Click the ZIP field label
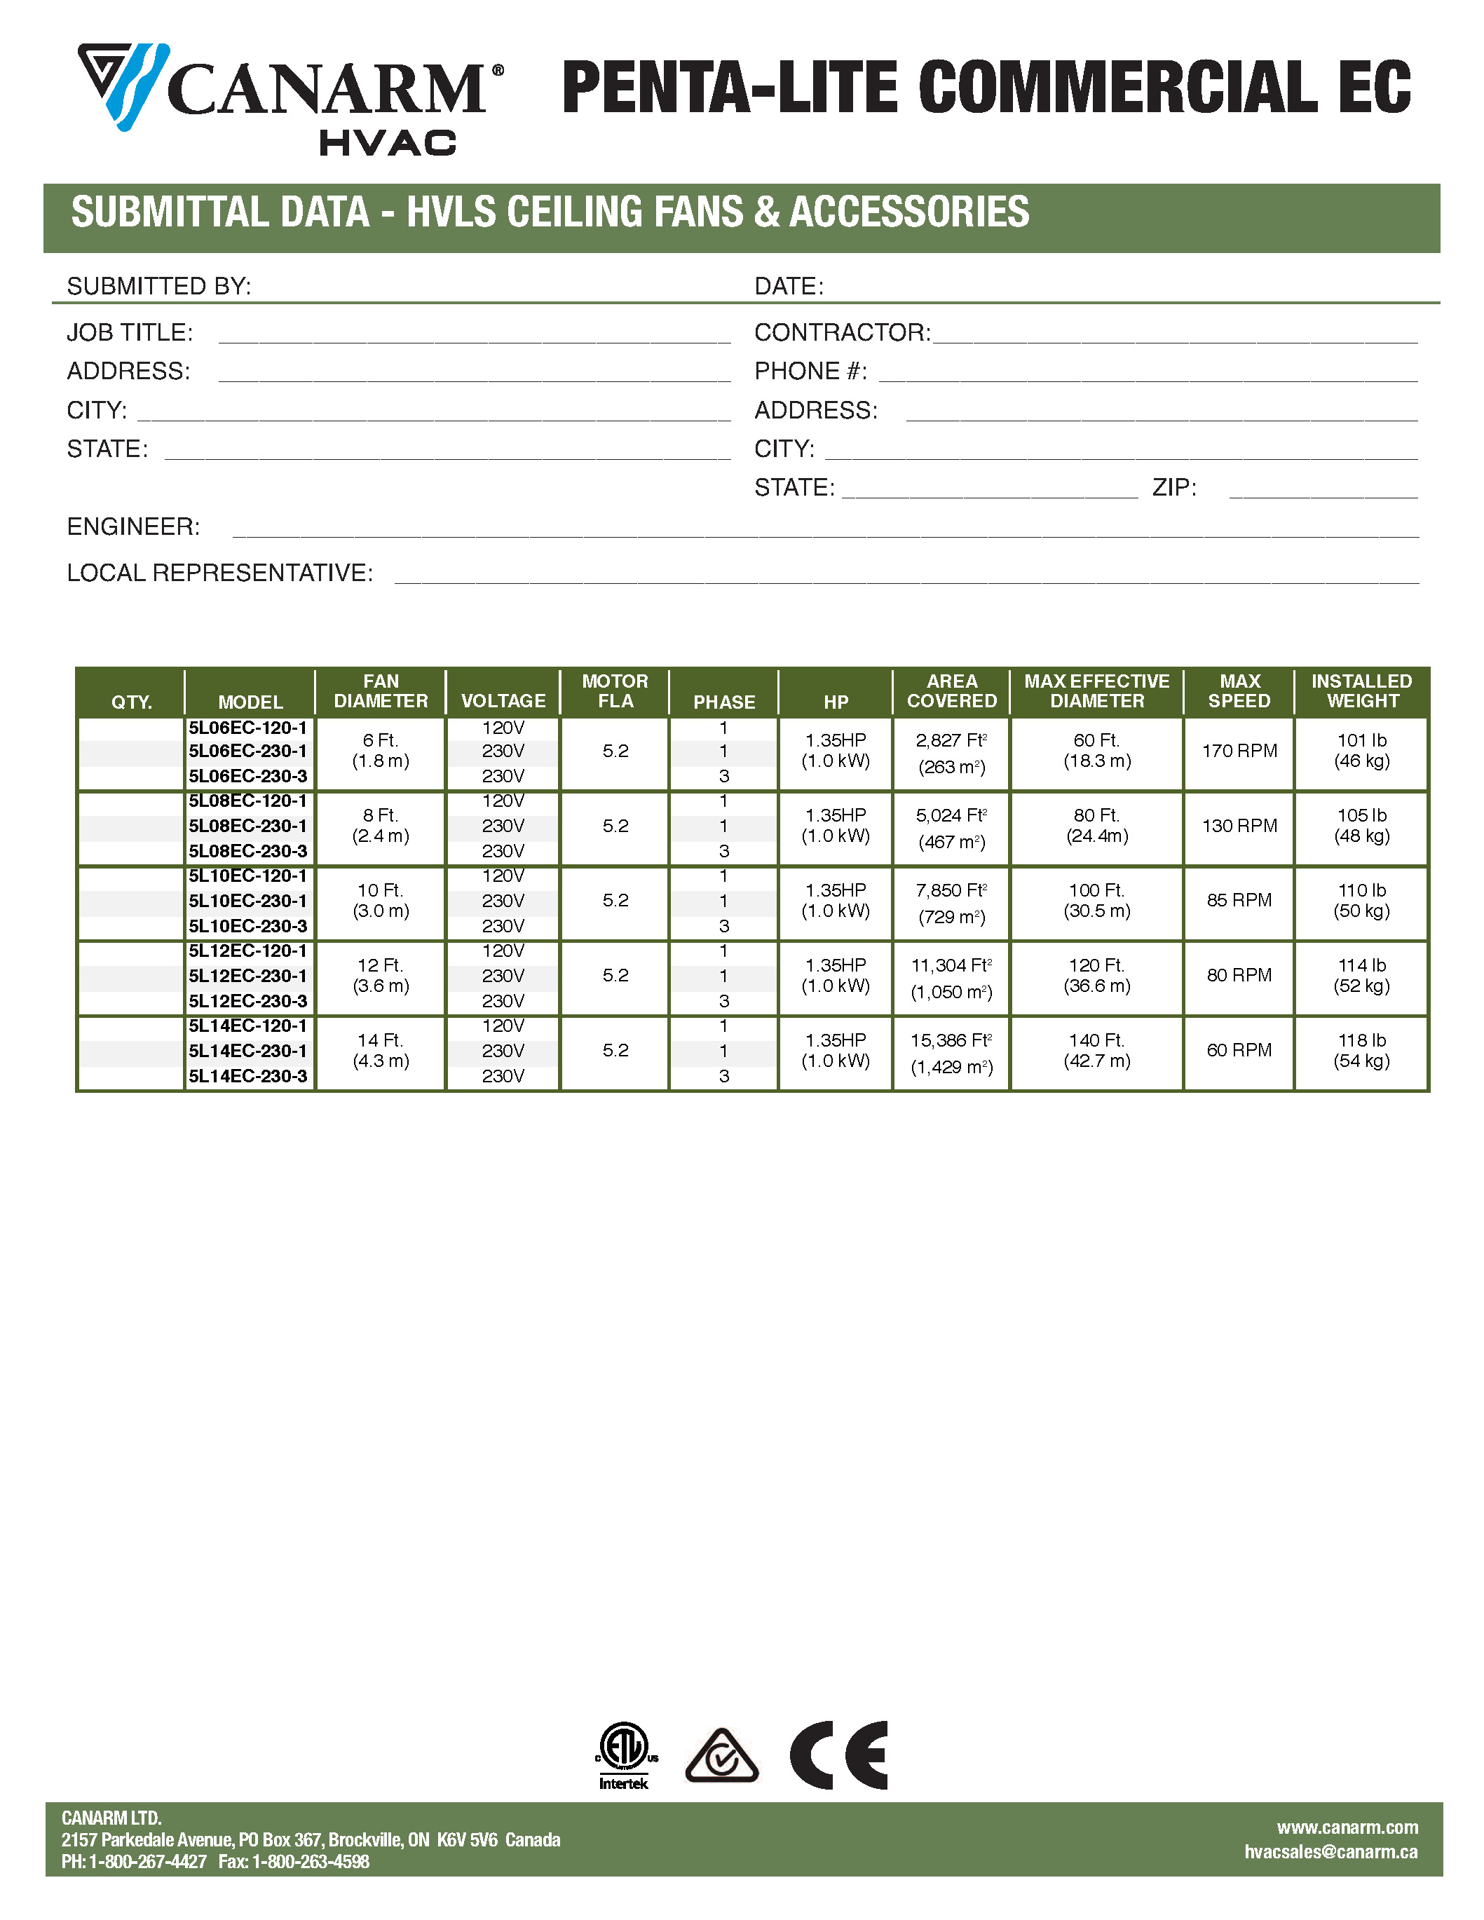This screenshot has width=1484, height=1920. point(1173,488)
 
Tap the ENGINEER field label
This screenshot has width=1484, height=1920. point(134,526)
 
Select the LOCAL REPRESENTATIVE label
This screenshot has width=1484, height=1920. point(220,573)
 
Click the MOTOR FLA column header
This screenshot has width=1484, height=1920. point(615,691)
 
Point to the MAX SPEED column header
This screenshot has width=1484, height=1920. point(1239,691)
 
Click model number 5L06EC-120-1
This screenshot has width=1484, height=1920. point(248,728)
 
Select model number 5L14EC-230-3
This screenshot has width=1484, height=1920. point(248,1076)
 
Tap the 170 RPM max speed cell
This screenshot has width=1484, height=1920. point(1239,751)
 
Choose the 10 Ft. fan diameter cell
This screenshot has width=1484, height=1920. point(381,900)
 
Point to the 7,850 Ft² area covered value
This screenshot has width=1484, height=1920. point(951,890)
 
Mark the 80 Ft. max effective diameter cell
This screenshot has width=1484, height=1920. point(1096,826)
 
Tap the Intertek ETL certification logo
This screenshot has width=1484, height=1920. point(623,1755)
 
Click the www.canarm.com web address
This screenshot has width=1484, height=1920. point(1347,1827)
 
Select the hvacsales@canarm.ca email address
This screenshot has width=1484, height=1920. point(1330,1851)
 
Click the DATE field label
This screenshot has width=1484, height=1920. point(789,287)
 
